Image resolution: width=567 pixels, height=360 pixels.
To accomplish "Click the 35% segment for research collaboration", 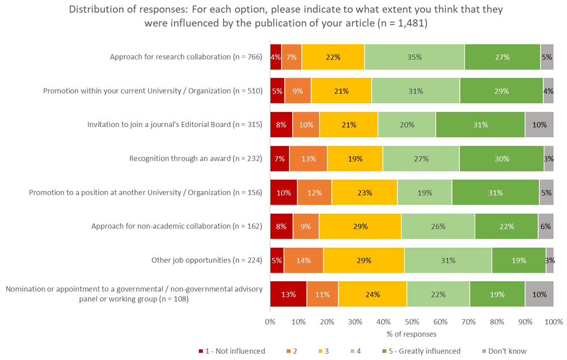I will (414, 57).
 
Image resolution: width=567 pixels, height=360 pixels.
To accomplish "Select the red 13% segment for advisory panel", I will (288, 294).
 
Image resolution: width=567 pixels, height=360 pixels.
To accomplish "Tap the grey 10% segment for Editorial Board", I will (539, 125).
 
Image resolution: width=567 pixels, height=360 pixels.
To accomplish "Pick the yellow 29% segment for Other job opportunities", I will (363, 260).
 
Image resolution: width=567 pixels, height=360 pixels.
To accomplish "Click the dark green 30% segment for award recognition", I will (501, 159).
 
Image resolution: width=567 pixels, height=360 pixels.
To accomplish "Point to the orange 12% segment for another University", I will (314, 193).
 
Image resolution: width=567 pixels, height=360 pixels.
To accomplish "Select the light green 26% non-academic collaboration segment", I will (438, 226).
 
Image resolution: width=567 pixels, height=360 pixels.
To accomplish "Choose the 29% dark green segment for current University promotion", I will (501, 91).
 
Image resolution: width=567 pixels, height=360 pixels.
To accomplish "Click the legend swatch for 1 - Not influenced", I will (202, 351).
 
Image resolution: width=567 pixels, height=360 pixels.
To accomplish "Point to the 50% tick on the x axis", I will (412, 321).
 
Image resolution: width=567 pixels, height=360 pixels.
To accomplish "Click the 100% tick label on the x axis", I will (553, 321).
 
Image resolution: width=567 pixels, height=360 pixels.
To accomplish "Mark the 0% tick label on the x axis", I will (270, 321).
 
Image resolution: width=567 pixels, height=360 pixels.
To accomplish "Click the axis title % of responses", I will (412, 333).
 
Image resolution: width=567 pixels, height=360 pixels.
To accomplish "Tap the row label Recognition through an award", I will (196, 159).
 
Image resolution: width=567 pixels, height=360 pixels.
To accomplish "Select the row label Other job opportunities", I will (206, 260).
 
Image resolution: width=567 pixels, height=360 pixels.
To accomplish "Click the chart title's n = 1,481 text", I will (403, 24).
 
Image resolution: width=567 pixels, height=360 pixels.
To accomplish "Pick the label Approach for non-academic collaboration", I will (176, 226).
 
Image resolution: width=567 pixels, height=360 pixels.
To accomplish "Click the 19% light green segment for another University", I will (424, 193).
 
